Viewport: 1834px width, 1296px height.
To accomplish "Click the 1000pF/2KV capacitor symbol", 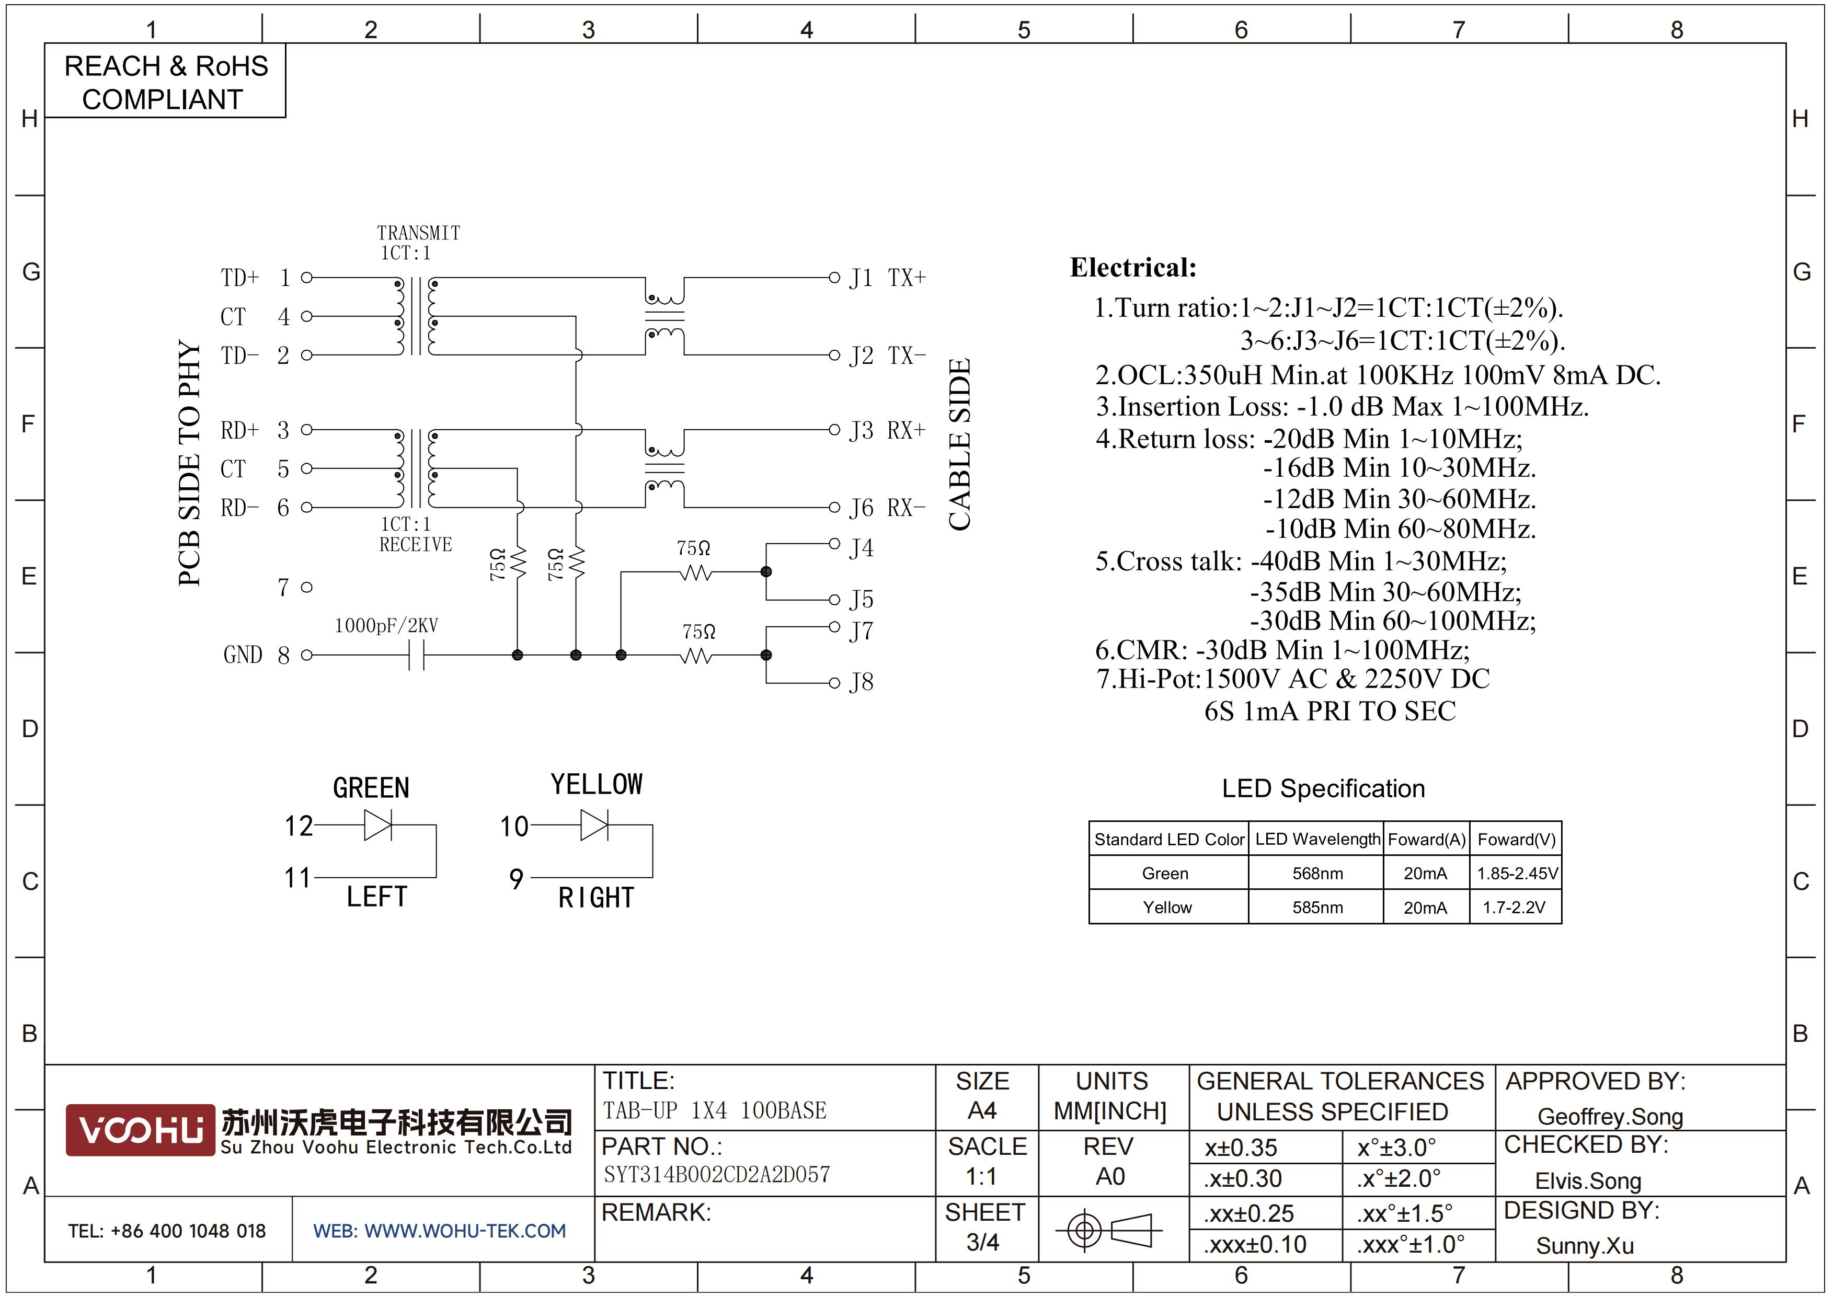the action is (416, 656).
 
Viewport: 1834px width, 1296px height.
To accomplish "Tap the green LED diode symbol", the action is (378, 825).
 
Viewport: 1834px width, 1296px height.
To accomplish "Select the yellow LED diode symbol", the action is (594, 825).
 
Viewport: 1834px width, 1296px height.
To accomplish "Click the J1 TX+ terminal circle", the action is (834, 278).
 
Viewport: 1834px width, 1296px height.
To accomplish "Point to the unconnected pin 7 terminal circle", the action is (307, 588).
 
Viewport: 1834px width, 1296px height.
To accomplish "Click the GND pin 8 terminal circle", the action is (307, 656).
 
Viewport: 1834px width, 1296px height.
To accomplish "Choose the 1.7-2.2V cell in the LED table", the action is (1515, 907).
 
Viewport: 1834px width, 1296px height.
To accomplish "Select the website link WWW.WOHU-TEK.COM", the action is (465, 1231).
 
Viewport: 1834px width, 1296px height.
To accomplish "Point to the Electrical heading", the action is (1133, 268).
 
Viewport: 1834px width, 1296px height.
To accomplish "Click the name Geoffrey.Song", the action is (1610, 1116).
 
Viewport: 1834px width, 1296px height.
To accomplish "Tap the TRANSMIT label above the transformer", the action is (419, 233).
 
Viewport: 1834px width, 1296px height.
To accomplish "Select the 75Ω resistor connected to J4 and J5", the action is (696, 572).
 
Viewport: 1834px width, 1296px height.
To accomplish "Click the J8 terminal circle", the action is (834, 683).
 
